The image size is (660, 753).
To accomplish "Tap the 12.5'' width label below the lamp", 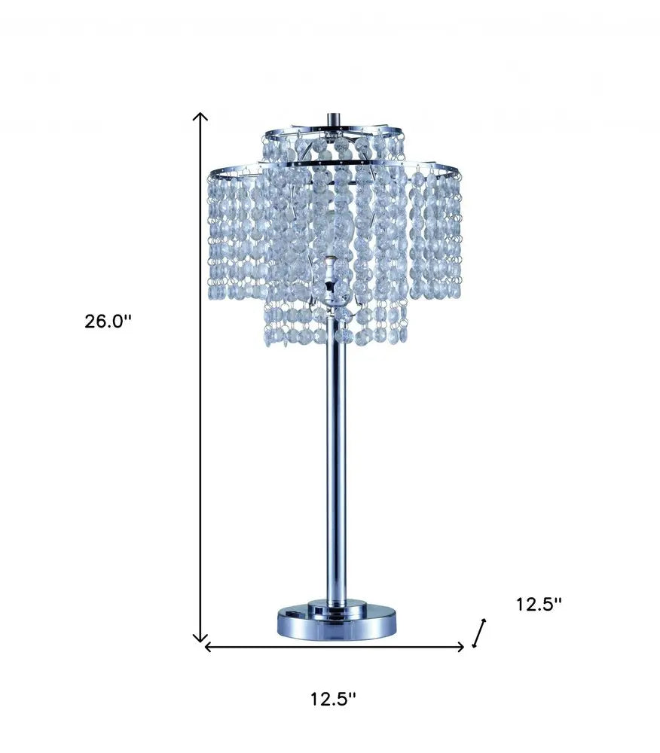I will pyautogui.click(x=333, y=700).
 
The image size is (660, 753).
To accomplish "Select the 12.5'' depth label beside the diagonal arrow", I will pyautogui.click(x=539, y=605).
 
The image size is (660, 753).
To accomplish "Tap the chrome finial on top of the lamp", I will pyautogui.click(x=332, y=120).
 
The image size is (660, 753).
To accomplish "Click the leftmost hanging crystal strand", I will pyautogui.click(x=214, y=233).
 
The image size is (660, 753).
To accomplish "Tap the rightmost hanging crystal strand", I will pyautogui.click(x=457, y=233).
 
